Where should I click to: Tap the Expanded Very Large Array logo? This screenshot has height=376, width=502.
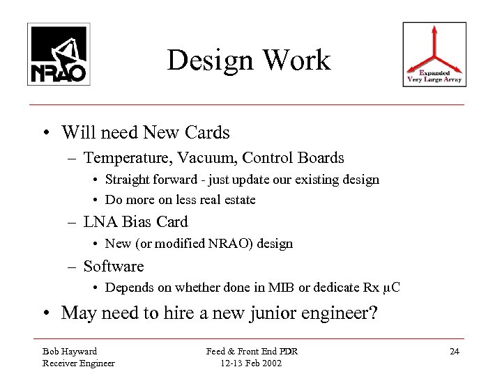(x=434, y=54)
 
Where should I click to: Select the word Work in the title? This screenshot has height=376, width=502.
(x=298, y=61)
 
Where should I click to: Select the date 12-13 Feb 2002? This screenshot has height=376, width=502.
(x=250, y=362)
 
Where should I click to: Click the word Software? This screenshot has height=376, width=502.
(x=114, y=266)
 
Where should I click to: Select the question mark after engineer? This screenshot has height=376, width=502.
(x=373, y=313)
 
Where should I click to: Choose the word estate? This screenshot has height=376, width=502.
(x=238, y=200)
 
